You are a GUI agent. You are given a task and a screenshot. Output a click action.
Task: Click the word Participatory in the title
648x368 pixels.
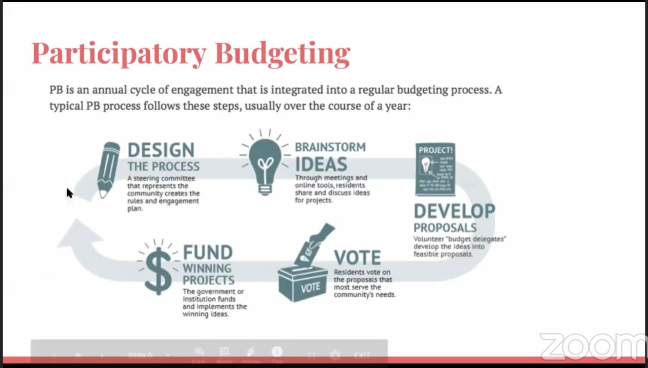coord(119,54)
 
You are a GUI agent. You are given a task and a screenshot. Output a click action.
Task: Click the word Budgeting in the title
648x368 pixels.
coord(282,54)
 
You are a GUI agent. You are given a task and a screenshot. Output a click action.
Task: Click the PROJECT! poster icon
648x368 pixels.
coord(435,169)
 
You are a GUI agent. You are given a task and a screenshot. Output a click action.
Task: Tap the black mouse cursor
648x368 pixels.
coord(69,193)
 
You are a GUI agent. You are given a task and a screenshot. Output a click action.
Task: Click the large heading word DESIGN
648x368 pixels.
coord(161,150)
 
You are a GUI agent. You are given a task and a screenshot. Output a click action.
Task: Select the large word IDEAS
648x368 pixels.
coord(321,165)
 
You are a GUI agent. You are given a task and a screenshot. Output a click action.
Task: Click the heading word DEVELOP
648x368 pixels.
coord(454,212)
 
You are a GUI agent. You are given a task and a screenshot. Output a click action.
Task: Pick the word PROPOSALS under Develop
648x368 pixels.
coord(445,228)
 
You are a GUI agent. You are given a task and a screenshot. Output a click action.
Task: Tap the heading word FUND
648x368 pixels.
coord(208,253)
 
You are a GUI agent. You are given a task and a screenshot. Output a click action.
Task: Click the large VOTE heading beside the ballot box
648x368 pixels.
coord(357,258)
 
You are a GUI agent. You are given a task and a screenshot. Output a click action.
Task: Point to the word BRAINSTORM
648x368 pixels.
coord(330,147)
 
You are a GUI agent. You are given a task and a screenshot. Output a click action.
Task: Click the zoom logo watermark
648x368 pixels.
coord(593,347)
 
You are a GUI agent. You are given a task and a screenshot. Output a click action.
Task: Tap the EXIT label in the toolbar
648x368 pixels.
coord(362,355)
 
